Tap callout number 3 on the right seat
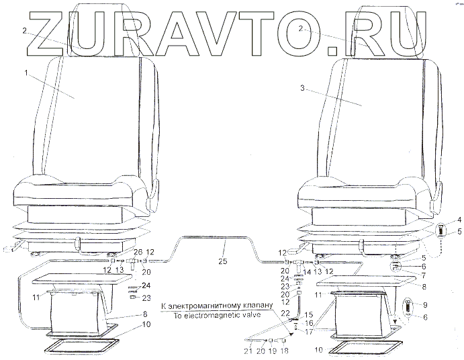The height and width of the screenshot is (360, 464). [304, 87]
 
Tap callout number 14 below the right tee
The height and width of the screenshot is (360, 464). [306, 271]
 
